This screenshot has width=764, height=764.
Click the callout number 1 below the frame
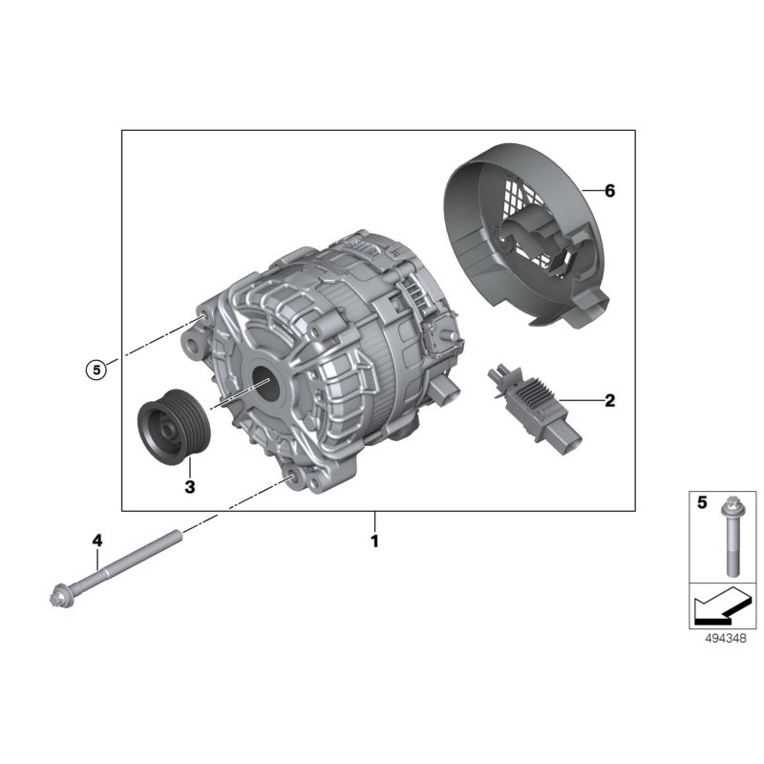375,541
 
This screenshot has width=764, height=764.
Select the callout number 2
609,400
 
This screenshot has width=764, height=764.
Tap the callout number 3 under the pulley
189,487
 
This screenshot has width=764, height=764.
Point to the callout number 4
96,541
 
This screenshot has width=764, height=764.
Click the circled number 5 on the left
94,369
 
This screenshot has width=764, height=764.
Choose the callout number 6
609,191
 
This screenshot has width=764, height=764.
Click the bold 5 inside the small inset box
702,503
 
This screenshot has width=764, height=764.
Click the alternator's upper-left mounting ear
203,321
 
